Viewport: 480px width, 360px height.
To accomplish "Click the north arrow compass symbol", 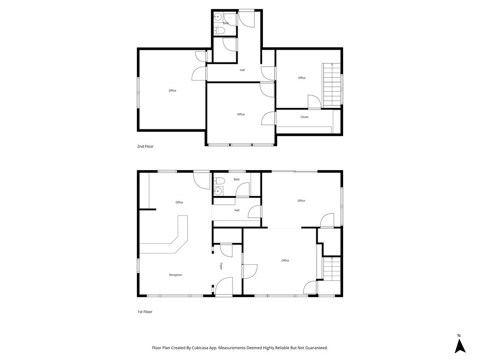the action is tap(460, 346).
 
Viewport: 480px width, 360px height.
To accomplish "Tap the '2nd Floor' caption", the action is tap(145, 146).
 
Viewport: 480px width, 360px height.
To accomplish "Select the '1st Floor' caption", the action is tap(144, 312).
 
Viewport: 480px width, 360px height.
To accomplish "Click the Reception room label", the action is tap(175, 275).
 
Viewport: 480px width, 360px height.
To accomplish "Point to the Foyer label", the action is tap(221, 266).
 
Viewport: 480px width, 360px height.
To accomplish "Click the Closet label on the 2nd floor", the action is tap(304, 117).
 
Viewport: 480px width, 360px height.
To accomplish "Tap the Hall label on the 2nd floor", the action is tap(242, 70).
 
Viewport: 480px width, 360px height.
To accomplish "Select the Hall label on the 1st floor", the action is tap(237, 210).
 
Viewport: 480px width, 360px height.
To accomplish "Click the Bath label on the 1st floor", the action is tap(237, 180).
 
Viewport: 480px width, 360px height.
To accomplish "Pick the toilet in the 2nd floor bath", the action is tap(219, 30).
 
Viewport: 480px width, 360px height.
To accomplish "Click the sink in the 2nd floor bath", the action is tap(217, 16).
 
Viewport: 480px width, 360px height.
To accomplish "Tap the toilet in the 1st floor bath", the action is tap(219, 180).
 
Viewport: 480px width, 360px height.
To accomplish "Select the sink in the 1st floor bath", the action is tap(218, 191).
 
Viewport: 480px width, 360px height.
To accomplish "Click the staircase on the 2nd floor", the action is tap(332, 85).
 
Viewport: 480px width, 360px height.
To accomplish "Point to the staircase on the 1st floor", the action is tap(332, 269).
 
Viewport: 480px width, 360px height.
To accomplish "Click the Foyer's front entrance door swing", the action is tap(224, 286).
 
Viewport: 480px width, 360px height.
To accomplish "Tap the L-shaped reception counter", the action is tap(168, 238).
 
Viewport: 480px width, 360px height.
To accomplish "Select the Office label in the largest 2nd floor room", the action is tap(172, 90).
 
